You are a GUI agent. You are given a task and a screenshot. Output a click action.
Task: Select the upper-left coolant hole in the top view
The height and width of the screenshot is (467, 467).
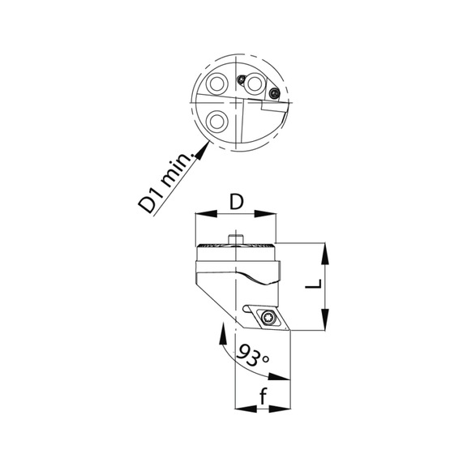coord(216,85)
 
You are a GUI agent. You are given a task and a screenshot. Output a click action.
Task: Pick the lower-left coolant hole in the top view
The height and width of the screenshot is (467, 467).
coord(216,122)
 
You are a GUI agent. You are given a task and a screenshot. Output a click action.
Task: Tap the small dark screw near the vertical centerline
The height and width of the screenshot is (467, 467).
coord(242,79)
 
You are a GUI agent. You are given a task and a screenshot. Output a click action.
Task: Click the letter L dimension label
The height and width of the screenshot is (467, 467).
coord(320,285)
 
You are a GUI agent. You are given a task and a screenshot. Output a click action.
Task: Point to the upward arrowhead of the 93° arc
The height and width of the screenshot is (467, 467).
coord(224,328)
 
